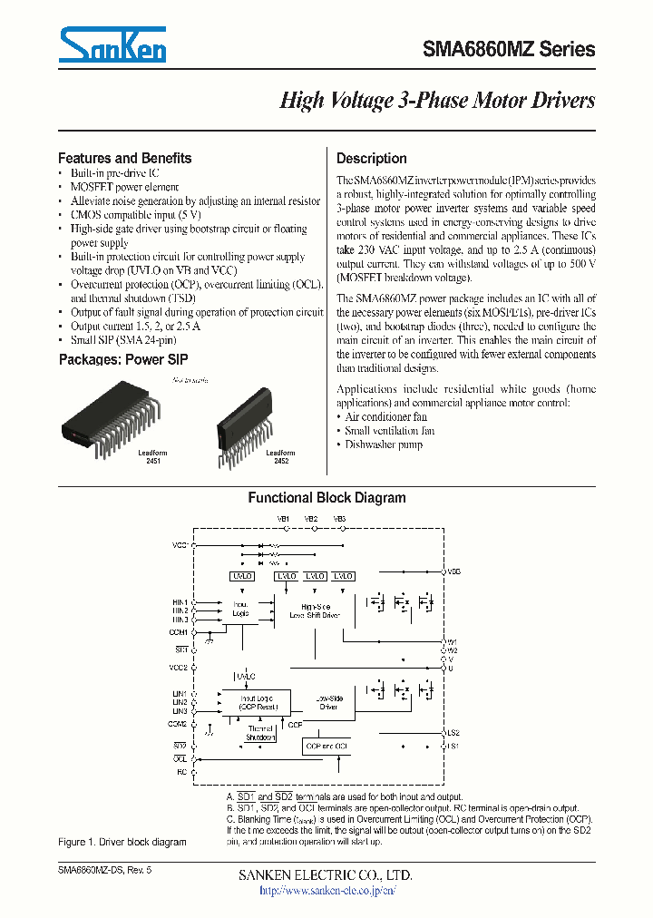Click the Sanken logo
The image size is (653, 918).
click(x=113, y=44)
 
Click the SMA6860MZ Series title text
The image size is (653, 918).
click(x=509, y=50)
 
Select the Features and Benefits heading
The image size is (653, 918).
click(x=125, y=158)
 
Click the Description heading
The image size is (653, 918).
click(x=372, y=158)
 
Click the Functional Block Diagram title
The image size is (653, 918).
click(x=326, y=498)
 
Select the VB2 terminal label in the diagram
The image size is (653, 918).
click(x=311, y=519)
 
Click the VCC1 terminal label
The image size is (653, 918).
click(x=180, y=545)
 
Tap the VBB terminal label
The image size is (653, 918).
click(x=454, y=572)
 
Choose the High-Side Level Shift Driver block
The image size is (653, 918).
click(x=315, y=610)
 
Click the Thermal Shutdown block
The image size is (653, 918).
click(x=260, y=733)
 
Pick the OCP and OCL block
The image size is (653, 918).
click(x=326, y=746)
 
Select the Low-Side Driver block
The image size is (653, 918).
click(x=328, y=703)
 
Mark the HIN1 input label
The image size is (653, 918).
click(x=180, y=601)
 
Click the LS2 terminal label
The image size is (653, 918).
click(x=453, y=732)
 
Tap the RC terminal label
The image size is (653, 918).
click(x=181, y=772)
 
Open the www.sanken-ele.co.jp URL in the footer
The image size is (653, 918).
click(x=327, y=891)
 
